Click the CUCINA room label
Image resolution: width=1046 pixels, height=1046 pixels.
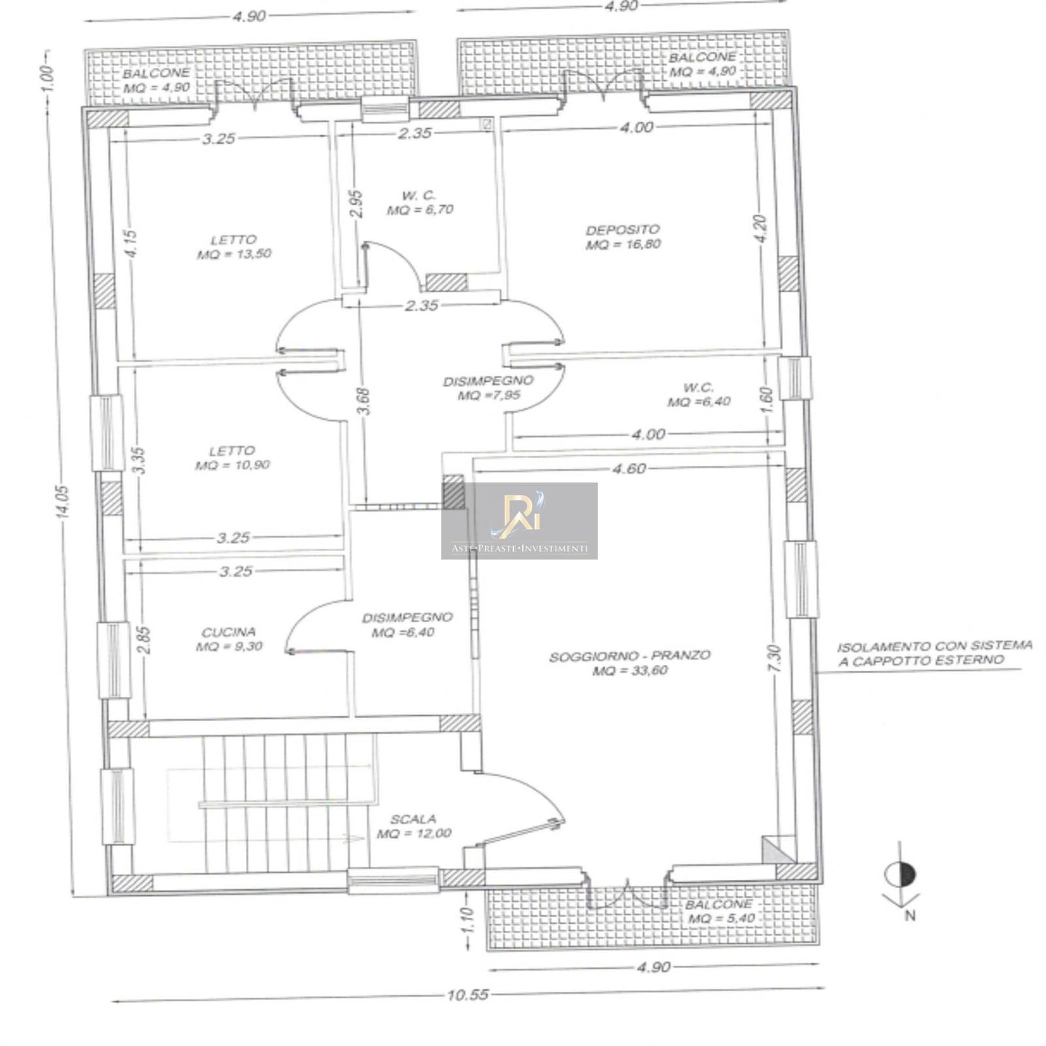tap(229, 632)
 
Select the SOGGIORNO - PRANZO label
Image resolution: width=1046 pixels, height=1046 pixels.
tap(630, 656)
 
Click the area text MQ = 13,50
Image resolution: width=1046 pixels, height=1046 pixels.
tap(234, 254)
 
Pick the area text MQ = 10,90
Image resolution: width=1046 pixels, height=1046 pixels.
tap(232, 465)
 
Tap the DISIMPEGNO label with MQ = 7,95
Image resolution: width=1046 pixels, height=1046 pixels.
tap(488, 380)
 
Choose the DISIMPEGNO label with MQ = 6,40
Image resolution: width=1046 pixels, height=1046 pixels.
tap(407, 617)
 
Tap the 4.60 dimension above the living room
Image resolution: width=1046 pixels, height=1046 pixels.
tap(630, 468)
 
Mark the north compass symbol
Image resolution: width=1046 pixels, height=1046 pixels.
tap(900, 876)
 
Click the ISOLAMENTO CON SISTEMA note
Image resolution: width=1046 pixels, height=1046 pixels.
tap(935, 646)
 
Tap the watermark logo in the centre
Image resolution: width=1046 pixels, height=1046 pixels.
tap(519, 521)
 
